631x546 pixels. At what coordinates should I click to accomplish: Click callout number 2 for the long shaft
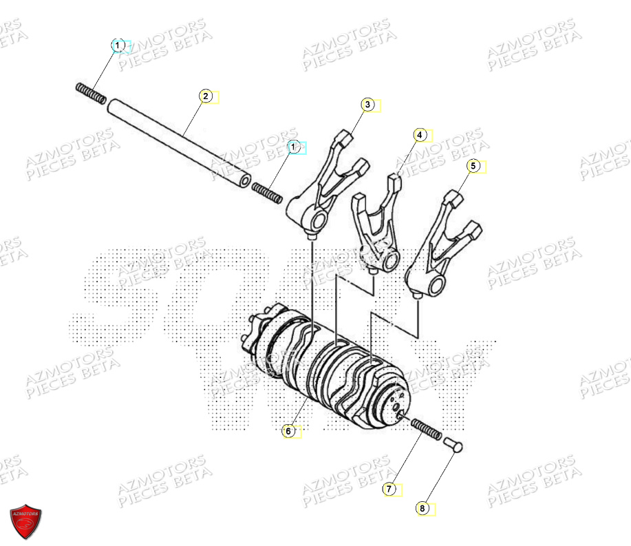[205, 96]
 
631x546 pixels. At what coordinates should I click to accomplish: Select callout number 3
[368, 105]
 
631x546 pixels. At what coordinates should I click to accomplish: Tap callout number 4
[420, 136]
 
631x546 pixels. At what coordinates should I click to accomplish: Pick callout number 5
[473, 166]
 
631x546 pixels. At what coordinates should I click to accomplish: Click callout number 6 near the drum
[288, 431]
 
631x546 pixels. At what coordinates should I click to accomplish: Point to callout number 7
[389, 489]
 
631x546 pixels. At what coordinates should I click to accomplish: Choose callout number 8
[423, 509]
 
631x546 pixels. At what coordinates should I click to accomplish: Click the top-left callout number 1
[118, 46]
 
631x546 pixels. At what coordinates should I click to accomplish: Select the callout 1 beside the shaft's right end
[294, 147]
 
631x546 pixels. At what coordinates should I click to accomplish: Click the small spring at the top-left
[90, 93]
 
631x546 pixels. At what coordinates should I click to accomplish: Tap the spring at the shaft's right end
[266, 193]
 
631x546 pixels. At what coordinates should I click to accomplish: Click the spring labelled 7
[427, 433]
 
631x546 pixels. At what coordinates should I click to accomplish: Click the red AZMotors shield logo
[25, 521]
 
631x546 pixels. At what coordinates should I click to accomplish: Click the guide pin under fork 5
[419, 296]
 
